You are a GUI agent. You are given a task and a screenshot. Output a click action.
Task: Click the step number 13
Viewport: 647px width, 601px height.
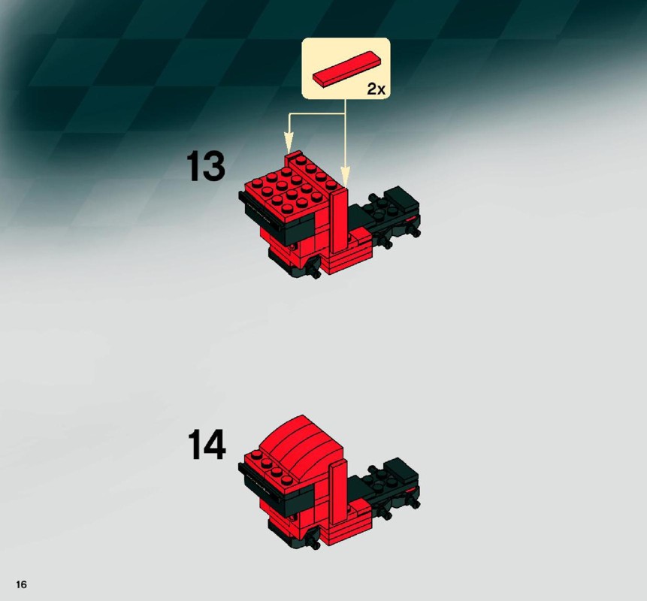click(x=206, y=166)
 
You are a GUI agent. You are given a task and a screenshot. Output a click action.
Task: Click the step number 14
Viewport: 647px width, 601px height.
click(x=207, y=444)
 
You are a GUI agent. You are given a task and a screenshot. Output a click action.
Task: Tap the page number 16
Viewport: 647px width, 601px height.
click(x=22, y=584)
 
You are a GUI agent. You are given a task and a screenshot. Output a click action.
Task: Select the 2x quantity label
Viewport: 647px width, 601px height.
click(x=376, y=89)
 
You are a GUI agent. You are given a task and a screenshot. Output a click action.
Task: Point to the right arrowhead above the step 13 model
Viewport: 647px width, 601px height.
click(x=346, y=175)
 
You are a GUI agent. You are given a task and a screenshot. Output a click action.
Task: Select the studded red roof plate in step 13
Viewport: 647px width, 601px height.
click(x=291, y=186)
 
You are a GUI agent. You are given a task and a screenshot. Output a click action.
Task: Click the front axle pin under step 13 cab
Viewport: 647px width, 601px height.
click(x=313, y=267)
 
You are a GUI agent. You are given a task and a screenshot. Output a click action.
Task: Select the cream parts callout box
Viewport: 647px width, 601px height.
click(x=346, y=68)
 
